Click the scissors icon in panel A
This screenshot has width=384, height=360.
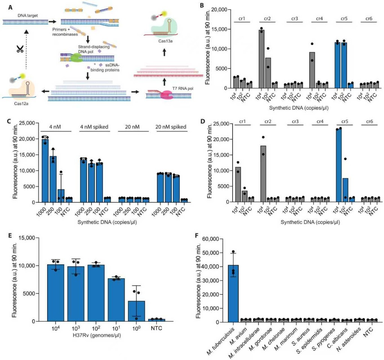coord(17,49)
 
